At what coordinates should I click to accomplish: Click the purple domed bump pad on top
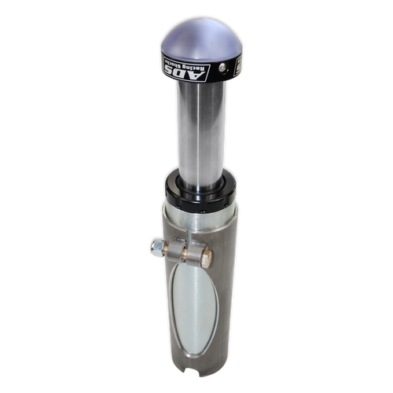pos(201,39)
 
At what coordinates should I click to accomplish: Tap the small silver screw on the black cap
pos(222,68)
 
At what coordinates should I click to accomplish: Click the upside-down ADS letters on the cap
pos(185,72)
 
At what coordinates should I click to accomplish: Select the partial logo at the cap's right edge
pos(237,68)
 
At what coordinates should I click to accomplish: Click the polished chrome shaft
pos(201,134)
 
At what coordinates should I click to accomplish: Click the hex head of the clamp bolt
pos(207,259)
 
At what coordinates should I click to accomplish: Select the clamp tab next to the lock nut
pos(175,251)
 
